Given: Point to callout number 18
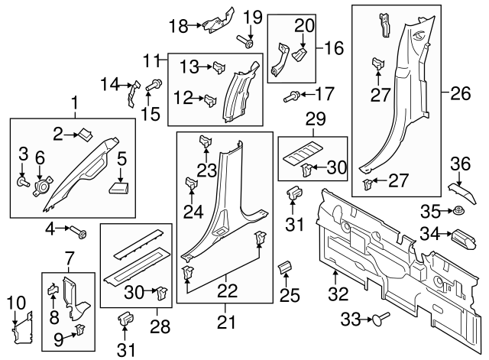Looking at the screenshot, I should point(177,25).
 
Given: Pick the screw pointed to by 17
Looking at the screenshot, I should point(291,96).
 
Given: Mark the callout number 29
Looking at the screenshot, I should point(314,119).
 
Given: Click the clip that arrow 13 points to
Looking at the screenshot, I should point(219,66).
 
